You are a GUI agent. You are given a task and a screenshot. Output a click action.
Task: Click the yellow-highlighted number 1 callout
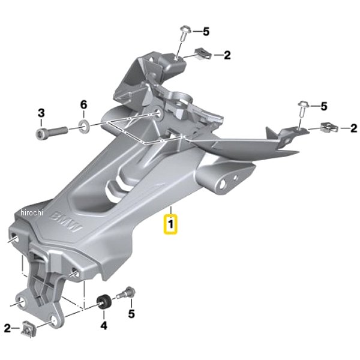(x=170, y=224)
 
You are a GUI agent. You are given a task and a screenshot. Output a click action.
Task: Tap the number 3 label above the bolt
(x=41, y=113)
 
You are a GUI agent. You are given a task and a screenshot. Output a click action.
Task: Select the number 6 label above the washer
(x=83, y=104)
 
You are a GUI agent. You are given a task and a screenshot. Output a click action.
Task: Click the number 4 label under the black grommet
(x=104, y=325)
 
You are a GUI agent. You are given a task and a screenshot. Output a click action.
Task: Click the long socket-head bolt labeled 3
(x=52, y=133)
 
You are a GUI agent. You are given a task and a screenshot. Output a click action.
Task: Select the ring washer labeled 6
(x=84, y=125)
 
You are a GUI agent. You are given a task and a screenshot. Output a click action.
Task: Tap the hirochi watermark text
(x=32, y=212)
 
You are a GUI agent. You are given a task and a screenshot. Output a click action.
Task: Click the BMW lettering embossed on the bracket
(x=66, y=223)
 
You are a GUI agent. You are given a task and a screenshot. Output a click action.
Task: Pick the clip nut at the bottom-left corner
(x=29, y=329)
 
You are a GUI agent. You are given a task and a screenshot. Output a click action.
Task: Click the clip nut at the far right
(x=329, y=127)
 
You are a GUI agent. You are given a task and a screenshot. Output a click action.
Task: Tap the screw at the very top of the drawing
(x=184, y=34)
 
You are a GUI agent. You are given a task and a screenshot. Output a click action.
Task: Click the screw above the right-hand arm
(x=304, y=109)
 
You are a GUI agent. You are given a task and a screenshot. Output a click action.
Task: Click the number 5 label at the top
(x=206, y=31)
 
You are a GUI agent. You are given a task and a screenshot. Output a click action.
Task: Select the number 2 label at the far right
(x=354, y=128)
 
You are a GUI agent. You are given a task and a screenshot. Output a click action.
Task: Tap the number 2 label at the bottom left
(x=7, y=328)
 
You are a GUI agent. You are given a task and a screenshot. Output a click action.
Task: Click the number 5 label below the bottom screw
(x=131, y=314)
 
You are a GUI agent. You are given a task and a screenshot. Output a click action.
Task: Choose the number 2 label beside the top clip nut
(x=227, y=55)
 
